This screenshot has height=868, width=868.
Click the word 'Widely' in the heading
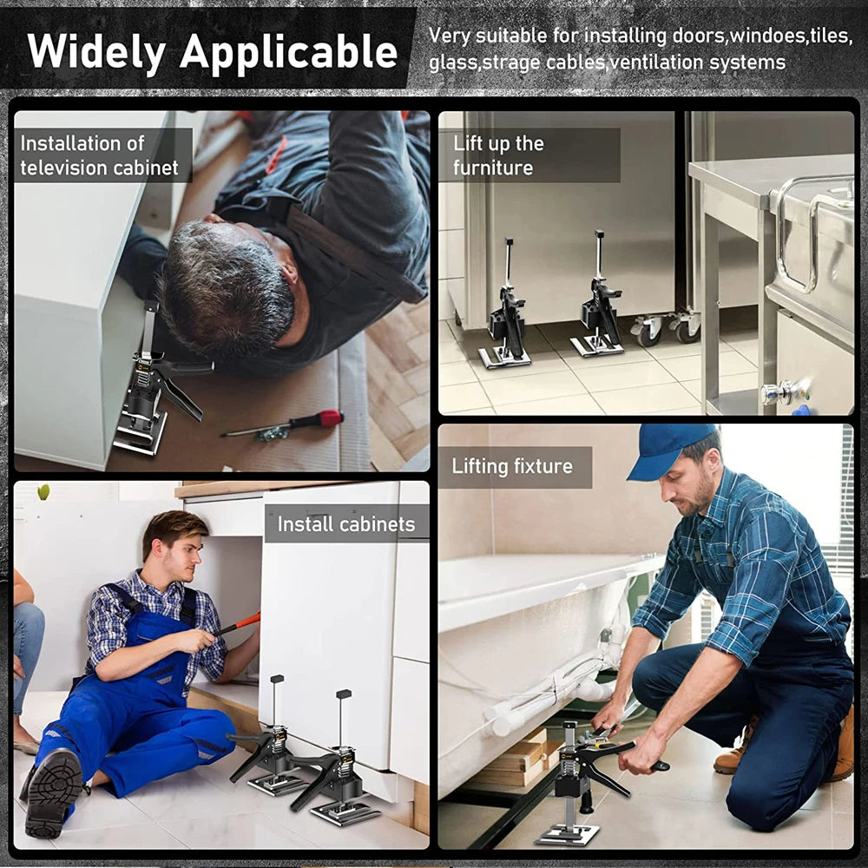click(x=96, y=52)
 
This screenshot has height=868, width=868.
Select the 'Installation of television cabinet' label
click(x=100, y=155)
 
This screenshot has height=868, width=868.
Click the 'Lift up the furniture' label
click(x=498, y=155)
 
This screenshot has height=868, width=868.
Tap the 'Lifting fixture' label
click(x=512, y=467)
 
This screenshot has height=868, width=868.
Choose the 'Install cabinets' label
click(x=346, y=523)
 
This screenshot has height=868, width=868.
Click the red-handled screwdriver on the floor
click(x=282, y=424)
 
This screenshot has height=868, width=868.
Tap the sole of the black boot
click(x=54, y=792)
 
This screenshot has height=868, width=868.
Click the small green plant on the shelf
click(x=43, y=491)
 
